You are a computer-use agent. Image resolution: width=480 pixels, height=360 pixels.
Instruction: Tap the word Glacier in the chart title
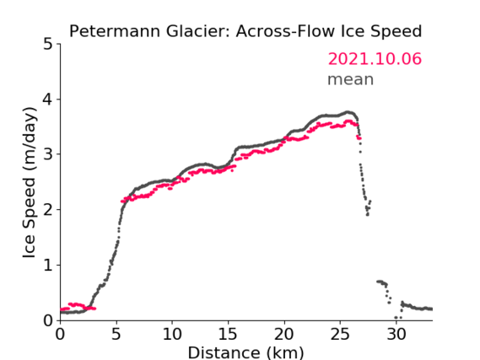[198, 31]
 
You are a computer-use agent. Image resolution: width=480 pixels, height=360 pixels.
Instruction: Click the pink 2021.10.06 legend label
[375, 59]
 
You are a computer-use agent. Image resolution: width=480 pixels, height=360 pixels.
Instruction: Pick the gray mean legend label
[351, 79]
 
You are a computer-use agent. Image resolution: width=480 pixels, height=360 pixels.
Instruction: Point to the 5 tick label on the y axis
[48, 45]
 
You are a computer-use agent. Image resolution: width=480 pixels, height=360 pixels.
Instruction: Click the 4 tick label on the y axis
[48, 99]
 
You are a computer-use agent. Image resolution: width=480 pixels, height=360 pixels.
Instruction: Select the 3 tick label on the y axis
[48, 154]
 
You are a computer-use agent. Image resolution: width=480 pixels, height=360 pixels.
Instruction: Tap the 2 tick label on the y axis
[48, 210]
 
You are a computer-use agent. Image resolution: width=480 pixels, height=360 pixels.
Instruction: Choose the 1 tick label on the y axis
[48, 266]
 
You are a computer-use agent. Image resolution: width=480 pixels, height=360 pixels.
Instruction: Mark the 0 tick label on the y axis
[48, 320]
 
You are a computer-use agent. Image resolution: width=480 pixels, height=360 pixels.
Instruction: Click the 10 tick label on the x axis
[172, 334]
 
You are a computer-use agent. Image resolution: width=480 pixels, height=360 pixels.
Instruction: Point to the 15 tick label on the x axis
[228, 334]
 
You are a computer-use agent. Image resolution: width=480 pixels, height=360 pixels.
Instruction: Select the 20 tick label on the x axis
[284, 334]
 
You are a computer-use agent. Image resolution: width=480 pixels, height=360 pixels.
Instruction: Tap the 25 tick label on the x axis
[340, 334]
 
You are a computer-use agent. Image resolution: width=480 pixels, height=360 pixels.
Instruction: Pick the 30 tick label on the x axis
[396, 334]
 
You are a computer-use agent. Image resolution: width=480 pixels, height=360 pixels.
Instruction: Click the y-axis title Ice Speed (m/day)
[30, 183]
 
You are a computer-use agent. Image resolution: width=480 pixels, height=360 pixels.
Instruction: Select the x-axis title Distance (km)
[245, 352]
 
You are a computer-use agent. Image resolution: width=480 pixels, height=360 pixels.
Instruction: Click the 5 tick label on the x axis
[116, 334]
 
